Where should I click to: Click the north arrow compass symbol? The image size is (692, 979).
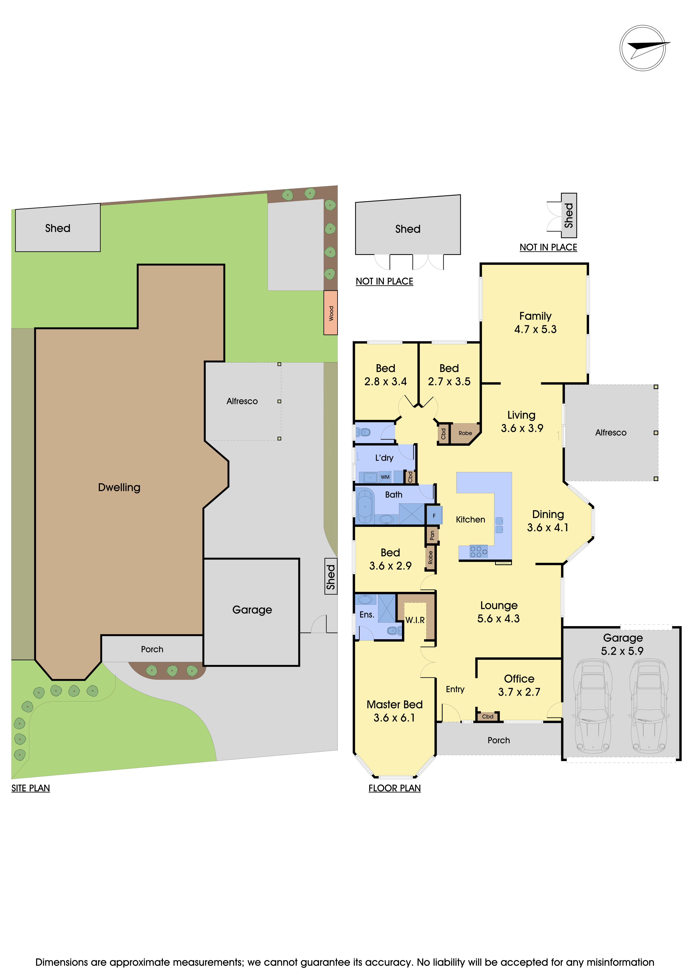tap(643, 48)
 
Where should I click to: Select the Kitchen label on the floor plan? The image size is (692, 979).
tap(470, 519)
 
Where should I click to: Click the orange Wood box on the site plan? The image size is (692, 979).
tap(331, 313)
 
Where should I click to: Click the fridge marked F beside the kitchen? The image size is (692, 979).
tap(434, 515)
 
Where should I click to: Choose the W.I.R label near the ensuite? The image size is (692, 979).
tap(415, 620)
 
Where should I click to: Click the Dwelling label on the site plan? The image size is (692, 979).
tap(119, 487)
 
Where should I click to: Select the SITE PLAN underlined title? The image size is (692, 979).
tap(31, 788)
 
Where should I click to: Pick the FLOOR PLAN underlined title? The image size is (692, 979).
tap(395, 788)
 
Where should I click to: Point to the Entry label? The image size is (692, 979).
tap(455, 689)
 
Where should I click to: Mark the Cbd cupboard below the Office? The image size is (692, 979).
tap(487, 716)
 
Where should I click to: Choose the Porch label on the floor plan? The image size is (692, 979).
tap(499, 740)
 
